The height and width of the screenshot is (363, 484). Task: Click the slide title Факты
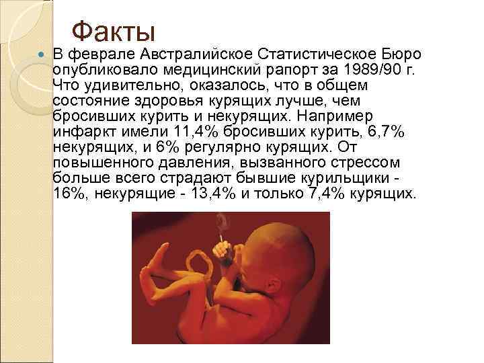tap(113, 30)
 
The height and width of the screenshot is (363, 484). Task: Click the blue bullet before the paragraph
tap(41, 53)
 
